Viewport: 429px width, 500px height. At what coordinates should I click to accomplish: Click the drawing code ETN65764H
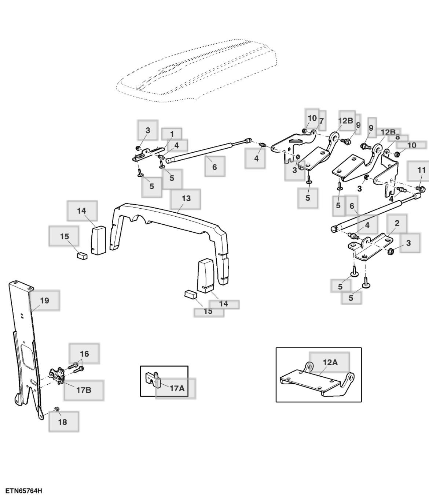coord(23,490)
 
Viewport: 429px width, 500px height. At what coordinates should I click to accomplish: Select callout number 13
coord(186,198)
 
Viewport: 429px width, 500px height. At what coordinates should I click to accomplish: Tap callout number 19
coord(44,301)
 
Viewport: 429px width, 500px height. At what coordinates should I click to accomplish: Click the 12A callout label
coord(330,362)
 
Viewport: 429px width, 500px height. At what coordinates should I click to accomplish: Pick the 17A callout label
coord(177,388)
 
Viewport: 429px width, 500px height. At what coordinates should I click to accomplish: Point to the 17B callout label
coord(84,390)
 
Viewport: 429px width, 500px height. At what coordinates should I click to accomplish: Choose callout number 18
coord(63,422)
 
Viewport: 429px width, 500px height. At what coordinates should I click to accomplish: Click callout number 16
coord(84,354)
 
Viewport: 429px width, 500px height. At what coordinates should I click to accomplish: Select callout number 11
coord(421,170)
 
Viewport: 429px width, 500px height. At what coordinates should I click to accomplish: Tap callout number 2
coord(397,223)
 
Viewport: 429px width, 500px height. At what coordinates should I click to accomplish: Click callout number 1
coord(172,134)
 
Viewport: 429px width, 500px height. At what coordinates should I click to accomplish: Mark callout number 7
coord(321,121)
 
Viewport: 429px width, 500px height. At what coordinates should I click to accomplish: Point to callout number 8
coord(397,137)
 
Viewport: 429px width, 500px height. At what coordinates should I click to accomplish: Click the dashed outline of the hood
coord(198,70)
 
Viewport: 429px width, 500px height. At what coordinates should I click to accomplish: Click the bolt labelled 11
coord(421,189)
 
